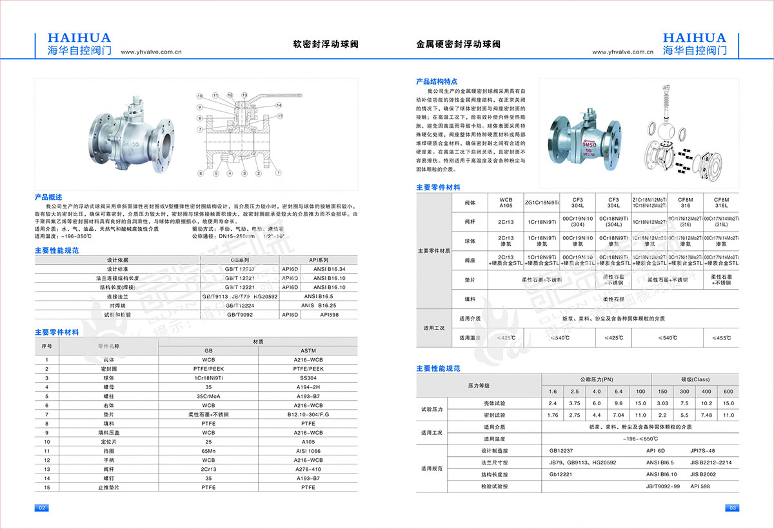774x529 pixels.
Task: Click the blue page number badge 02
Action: pos(41,508)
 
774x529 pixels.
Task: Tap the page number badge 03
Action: pos(731,508)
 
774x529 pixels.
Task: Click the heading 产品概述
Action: pos(48,197)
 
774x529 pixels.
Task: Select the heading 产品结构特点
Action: pos(437,82)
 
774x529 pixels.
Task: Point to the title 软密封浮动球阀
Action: pos(326,45)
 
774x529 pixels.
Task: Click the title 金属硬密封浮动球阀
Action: pos(458,45)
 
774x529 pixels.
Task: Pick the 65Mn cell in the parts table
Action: pos(208,450)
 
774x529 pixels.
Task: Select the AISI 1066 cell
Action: pos(308,450)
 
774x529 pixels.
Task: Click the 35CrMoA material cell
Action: pos(208,395)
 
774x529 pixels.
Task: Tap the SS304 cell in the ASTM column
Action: pos(308,377)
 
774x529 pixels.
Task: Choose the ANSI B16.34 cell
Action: pos(329,268)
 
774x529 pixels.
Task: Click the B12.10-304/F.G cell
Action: pos(308,414)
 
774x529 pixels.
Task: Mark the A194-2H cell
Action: pos(308,386)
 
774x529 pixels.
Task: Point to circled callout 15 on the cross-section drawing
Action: pos(280,115)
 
